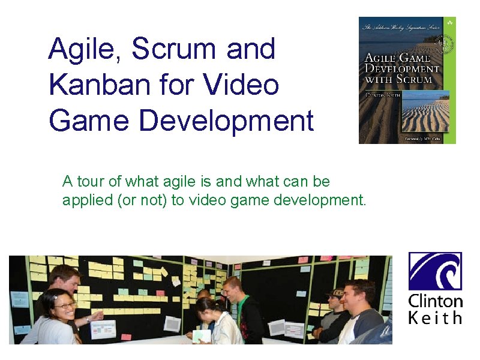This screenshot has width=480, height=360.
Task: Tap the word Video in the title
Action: point(242,85)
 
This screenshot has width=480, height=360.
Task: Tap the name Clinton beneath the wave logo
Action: point(435,301)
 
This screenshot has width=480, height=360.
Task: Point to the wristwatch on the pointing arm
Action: point(89,320)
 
